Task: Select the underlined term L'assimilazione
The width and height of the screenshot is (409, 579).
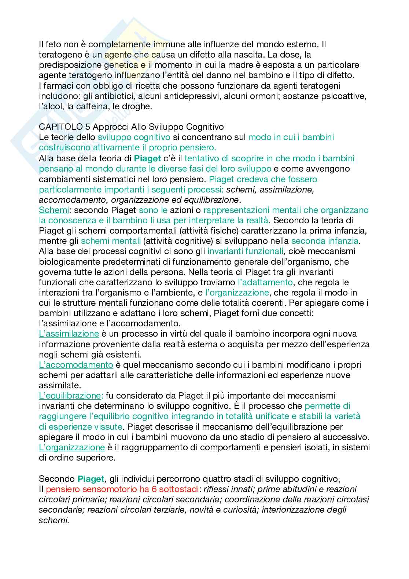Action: point(69,334)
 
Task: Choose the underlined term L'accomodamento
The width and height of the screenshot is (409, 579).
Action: point(76,364)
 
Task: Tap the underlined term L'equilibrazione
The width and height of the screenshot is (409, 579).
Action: point(71,395)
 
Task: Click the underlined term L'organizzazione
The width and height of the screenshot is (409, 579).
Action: point(72,447)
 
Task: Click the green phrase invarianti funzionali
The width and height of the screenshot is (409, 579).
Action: point(245,251)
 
